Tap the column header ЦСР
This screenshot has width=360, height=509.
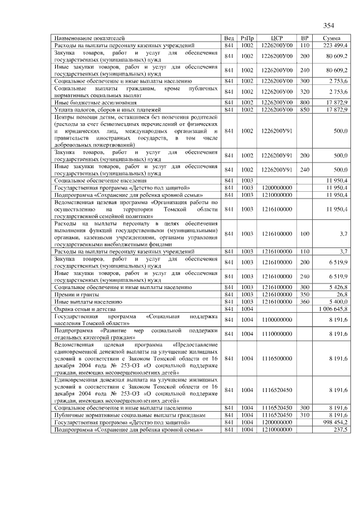[276, 38]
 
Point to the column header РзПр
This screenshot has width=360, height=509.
[247, 38]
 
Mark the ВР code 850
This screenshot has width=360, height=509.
[304, 110]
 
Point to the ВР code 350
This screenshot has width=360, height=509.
[304, 294]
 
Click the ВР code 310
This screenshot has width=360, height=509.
[304, 415]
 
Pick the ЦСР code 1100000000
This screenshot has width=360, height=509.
[276, 319]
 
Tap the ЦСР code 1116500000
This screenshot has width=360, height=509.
[276, 358]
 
